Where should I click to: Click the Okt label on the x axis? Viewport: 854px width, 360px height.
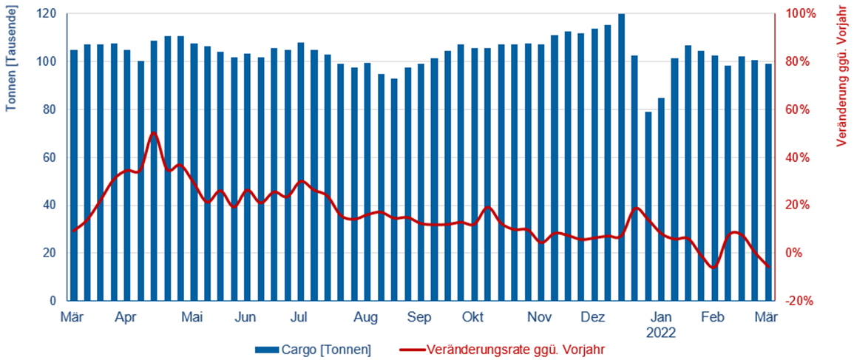pos(472,318)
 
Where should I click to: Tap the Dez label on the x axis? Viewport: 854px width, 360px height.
pos(592,318)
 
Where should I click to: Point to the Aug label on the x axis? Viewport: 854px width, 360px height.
pos(366,318)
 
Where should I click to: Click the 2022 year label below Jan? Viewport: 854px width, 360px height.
pos(661,333)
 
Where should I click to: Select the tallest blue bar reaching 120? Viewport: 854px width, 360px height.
pos(621,157)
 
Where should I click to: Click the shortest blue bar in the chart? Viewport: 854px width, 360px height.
pos(648,207)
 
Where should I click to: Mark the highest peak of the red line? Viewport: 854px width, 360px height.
pos(154,133)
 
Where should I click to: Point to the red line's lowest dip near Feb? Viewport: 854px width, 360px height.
pos(714,267)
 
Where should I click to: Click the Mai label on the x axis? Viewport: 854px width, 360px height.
pos(192,318)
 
